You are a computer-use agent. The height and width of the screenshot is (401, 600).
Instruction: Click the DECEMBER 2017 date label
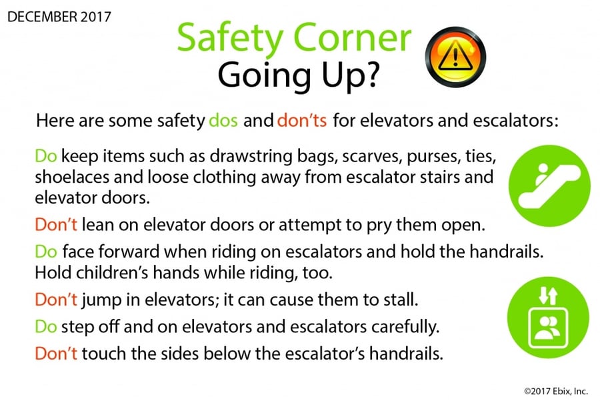point(59,17)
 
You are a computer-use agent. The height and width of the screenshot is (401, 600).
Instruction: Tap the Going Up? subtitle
point(299,75)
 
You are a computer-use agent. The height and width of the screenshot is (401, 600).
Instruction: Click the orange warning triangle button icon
point(455,57)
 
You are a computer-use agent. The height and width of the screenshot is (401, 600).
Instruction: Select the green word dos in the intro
point(223,121)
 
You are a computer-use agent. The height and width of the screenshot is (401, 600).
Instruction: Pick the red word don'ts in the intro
point(302,121)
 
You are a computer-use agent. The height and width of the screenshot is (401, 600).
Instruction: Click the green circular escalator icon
point(549,185)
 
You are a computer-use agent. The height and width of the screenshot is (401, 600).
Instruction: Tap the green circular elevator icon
point(549,318)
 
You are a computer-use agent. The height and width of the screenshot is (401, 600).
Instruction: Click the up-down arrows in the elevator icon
point(548,296)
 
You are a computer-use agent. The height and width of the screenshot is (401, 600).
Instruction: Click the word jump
point(101,300)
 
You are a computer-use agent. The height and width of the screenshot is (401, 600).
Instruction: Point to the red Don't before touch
point(56,354)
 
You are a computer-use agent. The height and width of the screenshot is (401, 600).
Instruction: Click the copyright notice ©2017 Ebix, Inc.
point(555,391)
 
